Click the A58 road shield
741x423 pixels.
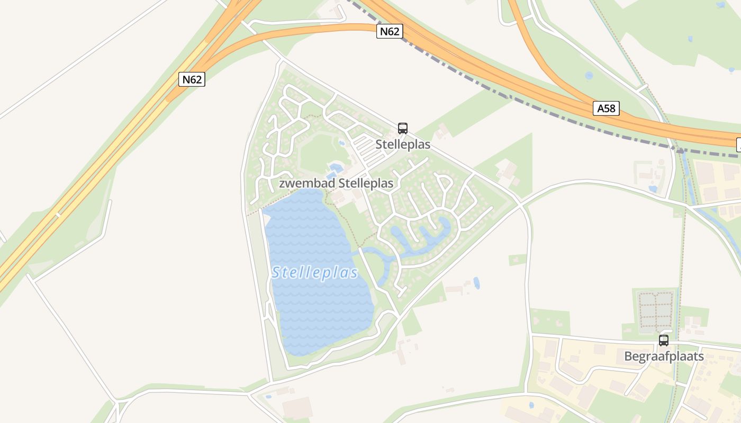[x=606, y=108]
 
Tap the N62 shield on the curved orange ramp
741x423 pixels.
[x=390, y=31]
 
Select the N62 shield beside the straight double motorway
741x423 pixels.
[x=192, y=79]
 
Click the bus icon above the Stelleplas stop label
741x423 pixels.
[x=403, y=128]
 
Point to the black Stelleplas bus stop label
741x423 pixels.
[x=403, y=144]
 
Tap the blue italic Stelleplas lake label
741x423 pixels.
[x=315, y=273]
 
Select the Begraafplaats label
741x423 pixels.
[x=664, y=356]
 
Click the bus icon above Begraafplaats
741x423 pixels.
[x=664, y=341]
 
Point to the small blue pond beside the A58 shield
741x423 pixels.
[x=589, y=76]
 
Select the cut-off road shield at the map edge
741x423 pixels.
[x=738, y=144]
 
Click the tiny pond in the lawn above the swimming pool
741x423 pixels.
[x=341, y=143]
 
